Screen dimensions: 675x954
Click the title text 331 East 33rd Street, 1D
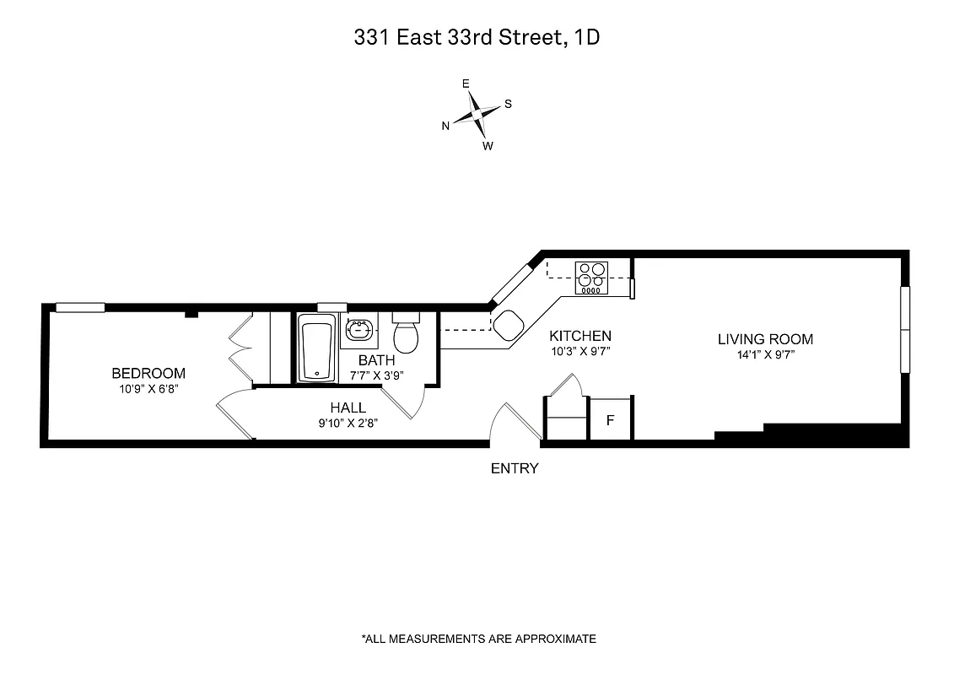tap(477, 38)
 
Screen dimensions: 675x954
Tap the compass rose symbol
tap(477, 115)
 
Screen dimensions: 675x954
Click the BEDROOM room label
tap(148, 373)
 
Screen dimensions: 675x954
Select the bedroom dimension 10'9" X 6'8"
tap(148, 389)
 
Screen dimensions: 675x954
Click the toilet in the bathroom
tap(407, 335)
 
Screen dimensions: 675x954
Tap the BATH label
tap(376, 360)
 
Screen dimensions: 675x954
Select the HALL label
tap(348, 408)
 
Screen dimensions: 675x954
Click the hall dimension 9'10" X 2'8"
tap(348, 424)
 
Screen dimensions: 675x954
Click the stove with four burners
tap(590, 277)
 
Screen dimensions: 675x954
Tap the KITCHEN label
tap(579, 335)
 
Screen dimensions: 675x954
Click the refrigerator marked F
tap(611, 419)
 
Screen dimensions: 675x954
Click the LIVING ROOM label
tap(765, 339)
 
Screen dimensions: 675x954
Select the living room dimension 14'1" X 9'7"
tap(765, 355)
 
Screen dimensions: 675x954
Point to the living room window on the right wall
tap(905, 330)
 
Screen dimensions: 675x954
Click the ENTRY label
tap(515, 468)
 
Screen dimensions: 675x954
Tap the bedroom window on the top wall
tap(80, 307)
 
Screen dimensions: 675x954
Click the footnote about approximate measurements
tap(478, 639)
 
